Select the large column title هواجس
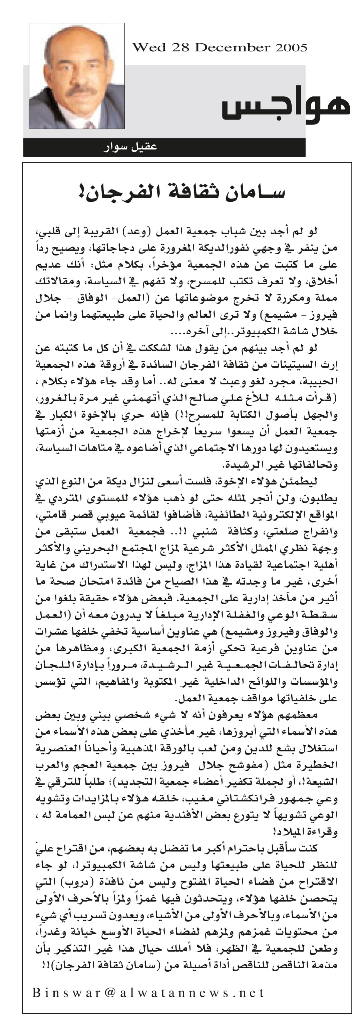[x=286, y=105]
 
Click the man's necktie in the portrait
[x=89, y=125]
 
